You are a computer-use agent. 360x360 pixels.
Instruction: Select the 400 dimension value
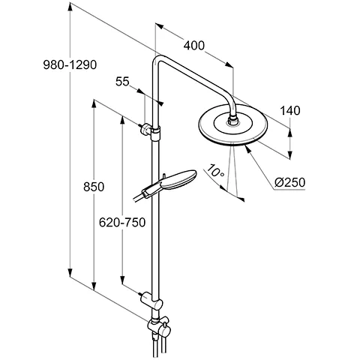click(x=193, y=46)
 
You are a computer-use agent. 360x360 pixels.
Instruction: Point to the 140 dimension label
click(x=289, y=110)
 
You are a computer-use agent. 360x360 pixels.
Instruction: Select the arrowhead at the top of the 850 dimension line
click(x=92, y=101)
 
